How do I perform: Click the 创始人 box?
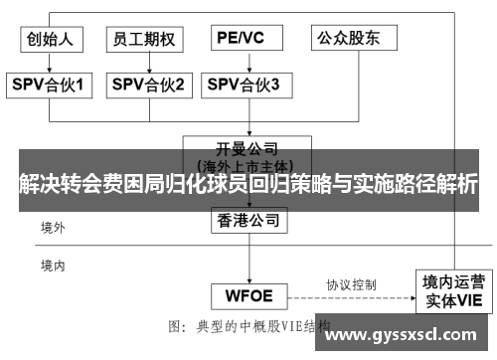click(51, 39)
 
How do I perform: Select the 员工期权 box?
click(145, 39)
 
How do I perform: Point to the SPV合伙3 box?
click(244, 86)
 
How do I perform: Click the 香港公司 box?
click(248, 221)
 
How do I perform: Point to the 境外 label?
click(53, 228)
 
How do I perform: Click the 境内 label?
click(53, 266)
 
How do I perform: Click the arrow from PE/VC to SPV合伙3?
click(244, 63)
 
